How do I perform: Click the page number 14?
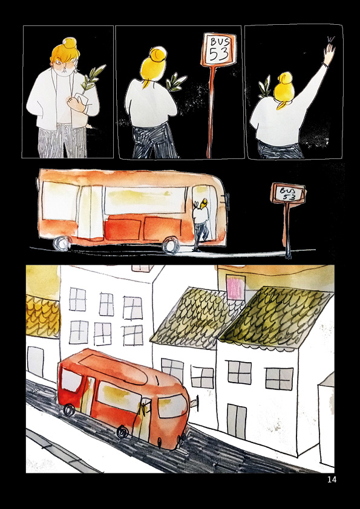[x=332, y=479]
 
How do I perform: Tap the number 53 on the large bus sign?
[x=218, y=54]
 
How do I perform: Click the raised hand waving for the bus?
[x=329, y=52]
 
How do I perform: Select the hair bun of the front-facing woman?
[x=70, y=44]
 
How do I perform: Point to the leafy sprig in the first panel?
[x=92, y=78]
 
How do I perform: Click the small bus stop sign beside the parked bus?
[x=288, y=193]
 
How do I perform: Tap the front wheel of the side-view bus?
[x=171, y=245]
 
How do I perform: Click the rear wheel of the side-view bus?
[x=62, y=243]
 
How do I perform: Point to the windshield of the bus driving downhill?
[x=172, y=406]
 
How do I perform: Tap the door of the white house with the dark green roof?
[x=237, y=421]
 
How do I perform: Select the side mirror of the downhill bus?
[x=194, y=403]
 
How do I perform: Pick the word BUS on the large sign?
[x=220, y=41]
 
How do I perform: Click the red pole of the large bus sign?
[x=212, y=112]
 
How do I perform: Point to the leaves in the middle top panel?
[x=176, y=83]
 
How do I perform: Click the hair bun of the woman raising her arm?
[x=284, y=78]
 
